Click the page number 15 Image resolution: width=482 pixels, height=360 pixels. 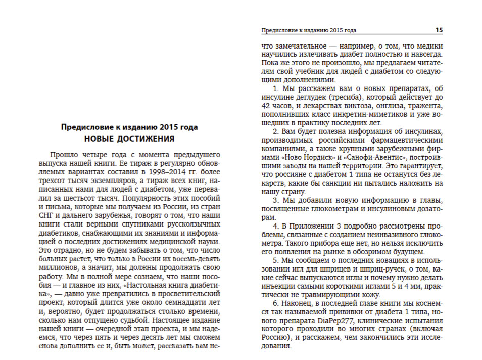439,30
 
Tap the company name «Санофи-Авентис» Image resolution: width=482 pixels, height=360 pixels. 361,157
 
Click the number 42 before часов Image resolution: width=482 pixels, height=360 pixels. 266,105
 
